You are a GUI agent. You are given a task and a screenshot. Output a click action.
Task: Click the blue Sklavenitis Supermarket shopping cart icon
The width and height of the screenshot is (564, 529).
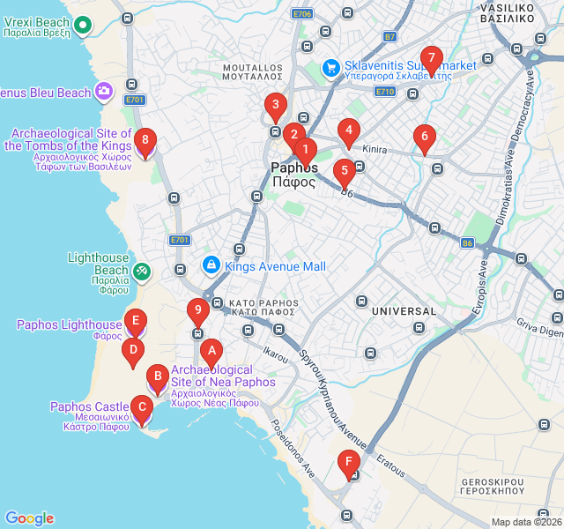point(331,66)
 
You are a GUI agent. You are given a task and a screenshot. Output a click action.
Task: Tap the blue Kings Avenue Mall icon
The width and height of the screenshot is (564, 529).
point(211,264)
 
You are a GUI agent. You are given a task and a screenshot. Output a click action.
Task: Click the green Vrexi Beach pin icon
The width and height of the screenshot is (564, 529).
point(83,24)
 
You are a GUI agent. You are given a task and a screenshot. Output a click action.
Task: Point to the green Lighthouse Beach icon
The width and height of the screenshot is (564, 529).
point(143,271)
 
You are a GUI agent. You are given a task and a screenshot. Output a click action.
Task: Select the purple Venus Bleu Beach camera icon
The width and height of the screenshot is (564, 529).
point(105,91)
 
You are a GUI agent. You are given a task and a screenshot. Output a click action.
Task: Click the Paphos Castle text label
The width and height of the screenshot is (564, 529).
point(90,406)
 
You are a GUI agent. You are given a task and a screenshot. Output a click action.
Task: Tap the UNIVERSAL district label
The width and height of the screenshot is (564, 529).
point(404,311)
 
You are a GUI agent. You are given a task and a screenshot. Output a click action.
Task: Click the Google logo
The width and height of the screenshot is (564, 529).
point(29,518)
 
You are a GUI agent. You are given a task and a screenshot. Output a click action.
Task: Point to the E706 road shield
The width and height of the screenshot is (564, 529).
point(302,14)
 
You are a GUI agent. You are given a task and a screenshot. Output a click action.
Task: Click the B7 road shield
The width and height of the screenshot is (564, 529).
point(390,37)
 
